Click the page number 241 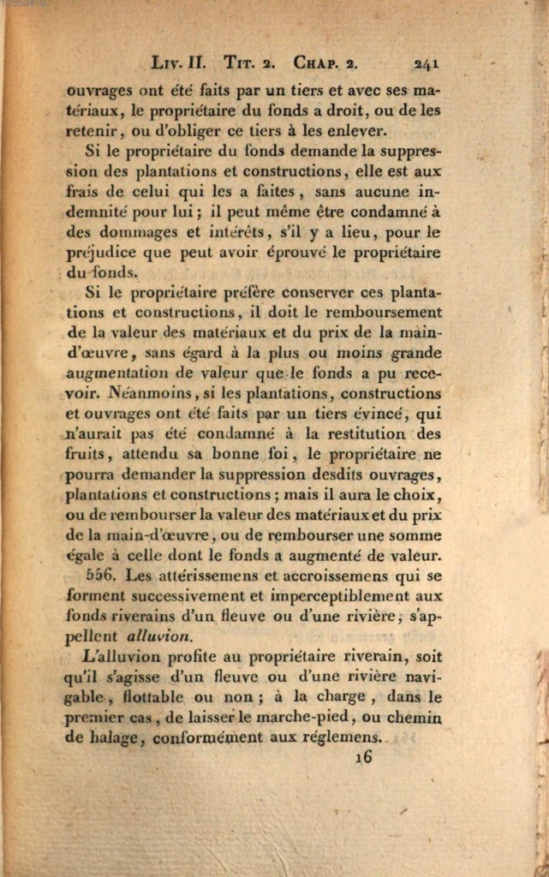[426, 63]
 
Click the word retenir [95, 132]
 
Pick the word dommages [137, 232]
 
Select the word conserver [319, 292]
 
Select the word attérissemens [183, 576]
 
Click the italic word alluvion [159, 636]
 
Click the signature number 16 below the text [363, 758]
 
